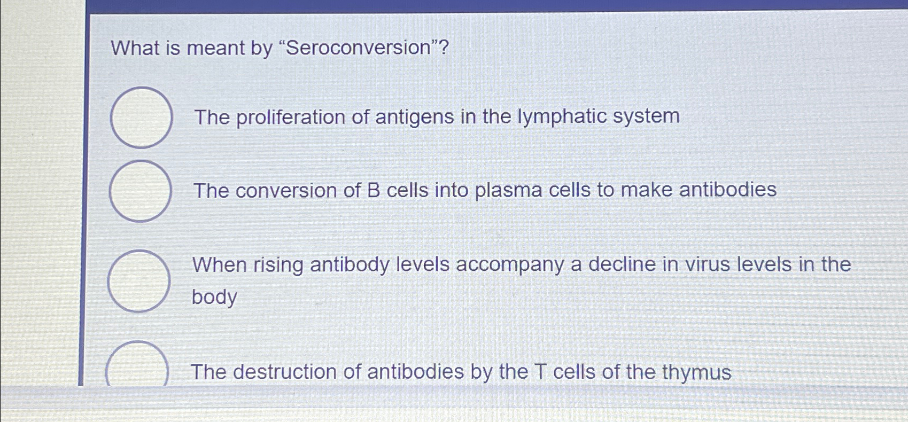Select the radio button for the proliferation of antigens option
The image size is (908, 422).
[x=142, y=118]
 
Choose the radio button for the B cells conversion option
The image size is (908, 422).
[x=141, y=191]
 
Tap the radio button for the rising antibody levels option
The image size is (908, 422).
[x=139, y=281]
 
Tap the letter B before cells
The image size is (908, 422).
[x=373, y=191]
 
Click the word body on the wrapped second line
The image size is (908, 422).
[x=214, y=297]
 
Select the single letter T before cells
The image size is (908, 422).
[x=540, y=372]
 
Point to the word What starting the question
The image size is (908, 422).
[x=135, y=48]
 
